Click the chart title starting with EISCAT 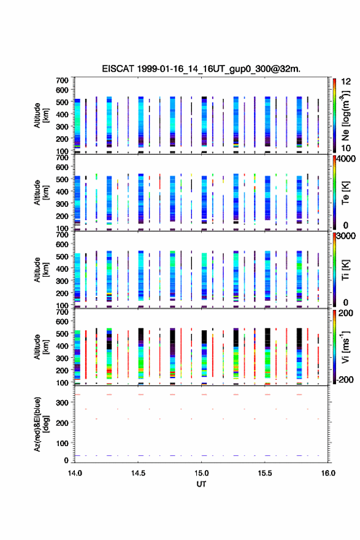(x=201, y=69)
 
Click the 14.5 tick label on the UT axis (x=138, y=473)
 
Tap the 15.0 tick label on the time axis (x=201, y=473)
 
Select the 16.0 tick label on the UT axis (x=328, y=473)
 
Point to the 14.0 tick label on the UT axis (x=75, y=473)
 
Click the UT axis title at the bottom (x=201, y=484)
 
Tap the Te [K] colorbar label (x=345, y=193)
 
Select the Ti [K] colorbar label (x=345, y=270)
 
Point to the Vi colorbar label (x=345, y=347)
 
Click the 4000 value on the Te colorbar (x=346, y=159)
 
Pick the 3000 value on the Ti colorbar (x=346, y=236)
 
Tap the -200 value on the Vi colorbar (x=344, y=379)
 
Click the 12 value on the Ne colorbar (x=346, y=82)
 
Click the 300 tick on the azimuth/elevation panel (x=63, y=403)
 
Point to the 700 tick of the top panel (x=63, y=80)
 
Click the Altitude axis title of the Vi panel (x=40, y=347)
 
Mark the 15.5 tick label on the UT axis (x=265, y=473)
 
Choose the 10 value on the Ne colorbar (x=346, y=148)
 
